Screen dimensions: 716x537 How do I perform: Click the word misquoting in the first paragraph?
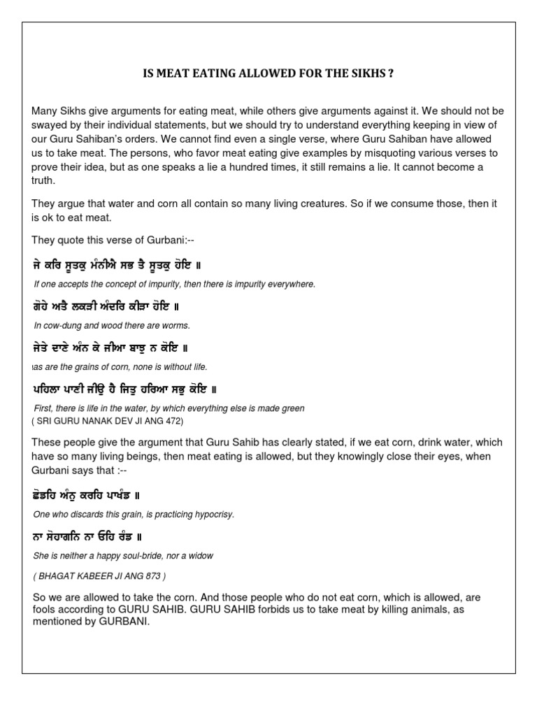tap(379, 152)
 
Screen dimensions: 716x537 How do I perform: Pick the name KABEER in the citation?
tap(95, 575)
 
